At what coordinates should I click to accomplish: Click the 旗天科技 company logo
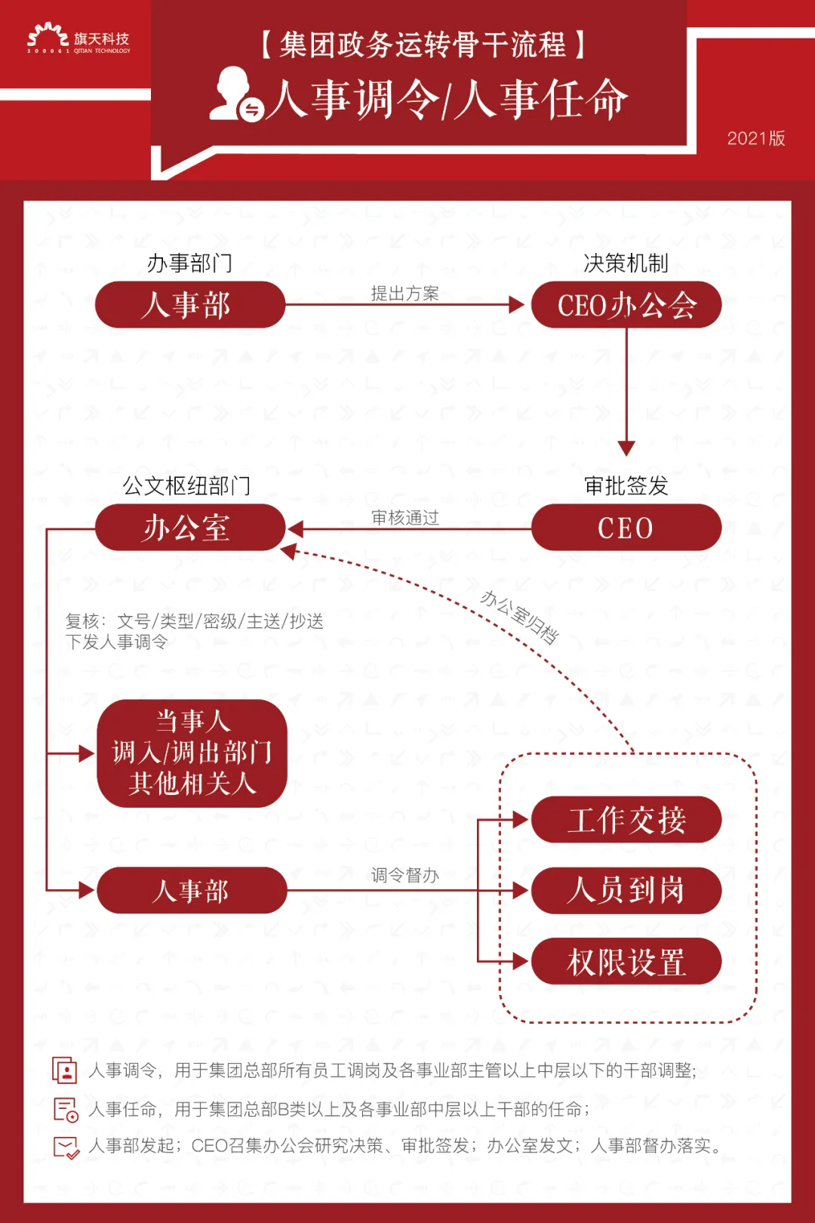tap(78, 39)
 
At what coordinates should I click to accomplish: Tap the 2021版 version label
tap(756, 138)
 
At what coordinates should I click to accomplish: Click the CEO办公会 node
tap(626, 305)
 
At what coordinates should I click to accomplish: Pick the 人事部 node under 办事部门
tap(190, 305)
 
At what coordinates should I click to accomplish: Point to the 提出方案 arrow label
tap(404, 293)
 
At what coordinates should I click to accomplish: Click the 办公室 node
tap(190, 528)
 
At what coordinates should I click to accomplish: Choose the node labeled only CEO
tap(626, 528)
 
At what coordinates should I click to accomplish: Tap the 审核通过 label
tap(404, 517)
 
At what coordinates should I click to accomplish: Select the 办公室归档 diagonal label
tap(519, 617)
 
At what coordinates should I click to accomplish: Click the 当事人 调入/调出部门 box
tap(192, 753)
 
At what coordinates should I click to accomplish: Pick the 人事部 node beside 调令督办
tap(192, 891)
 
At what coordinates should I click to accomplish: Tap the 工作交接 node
tap(626, 820)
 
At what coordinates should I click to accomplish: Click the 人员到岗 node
tap(626, 891)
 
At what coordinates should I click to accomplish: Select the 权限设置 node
tap(626, 962)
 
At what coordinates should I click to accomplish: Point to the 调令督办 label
tap(404, 875)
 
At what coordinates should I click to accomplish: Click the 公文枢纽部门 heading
tap(186, 485)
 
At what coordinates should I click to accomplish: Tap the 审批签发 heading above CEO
tap(626, 485)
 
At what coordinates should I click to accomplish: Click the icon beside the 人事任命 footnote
tap(66, 1110)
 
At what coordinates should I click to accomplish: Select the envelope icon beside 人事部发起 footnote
tap(66, 1147)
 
